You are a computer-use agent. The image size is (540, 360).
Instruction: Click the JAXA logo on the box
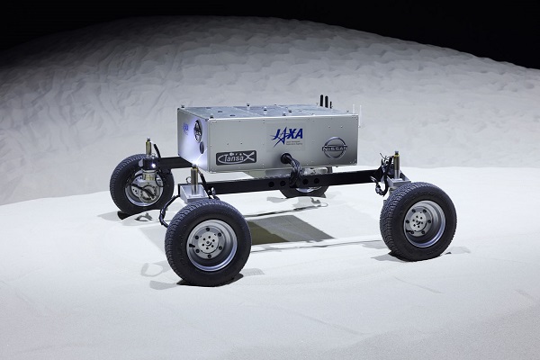coord(287,135)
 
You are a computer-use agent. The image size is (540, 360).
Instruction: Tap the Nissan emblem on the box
coord(335,147)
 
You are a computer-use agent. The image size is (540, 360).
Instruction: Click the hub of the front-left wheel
coord(209,241)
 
